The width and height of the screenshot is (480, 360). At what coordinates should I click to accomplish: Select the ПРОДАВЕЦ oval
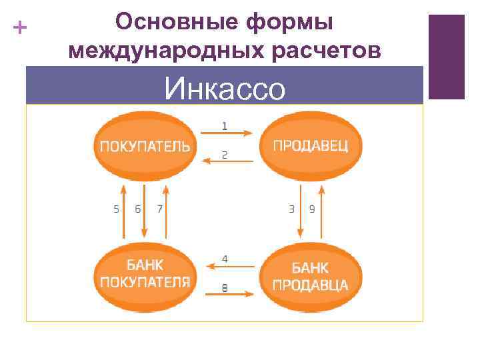tap(311, 146)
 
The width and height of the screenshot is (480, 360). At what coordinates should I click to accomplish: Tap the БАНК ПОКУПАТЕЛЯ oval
tap(145, 274)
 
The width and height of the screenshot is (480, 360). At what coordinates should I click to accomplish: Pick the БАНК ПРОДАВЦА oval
tap(311, 276)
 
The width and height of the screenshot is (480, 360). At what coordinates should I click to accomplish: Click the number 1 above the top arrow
tap(225, 125)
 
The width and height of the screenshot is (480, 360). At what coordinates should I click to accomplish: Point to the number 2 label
tap(225, 155)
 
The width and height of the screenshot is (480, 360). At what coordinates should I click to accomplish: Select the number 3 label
tap(291, 209)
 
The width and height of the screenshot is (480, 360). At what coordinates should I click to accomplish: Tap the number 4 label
tap(225, 258)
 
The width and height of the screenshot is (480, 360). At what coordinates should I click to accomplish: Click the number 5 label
tap(117, 209)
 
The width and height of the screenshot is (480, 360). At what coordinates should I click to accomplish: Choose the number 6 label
tap(138, 209)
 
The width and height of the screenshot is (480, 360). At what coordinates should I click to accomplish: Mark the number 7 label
tap(159, 209)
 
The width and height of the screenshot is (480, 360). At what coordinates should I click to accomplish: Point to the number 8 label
tap(225, 288)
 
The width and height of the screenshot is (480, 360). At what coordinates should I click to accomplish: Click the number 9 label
tap(312, 209)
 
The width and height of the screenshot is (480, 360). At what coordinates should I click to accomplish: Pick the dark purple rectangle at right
tap(446, 57)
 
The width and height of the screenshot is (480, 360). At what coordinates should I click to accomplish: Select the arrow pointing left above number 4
tap(231, 266)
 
